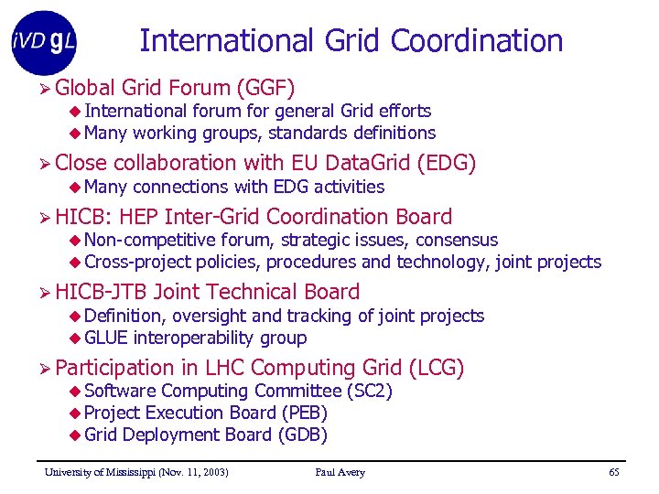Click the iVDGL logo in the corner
[x=43, y=42]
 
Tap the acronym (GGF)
[x=265, y=88]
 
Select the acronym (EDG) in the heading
[x=446, y=163]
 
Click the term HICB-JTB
[x=102, y=292]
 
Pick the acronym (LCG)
[x=437, y=368]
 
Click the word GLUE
[x=105, y=338]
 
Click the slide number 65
[x=614, y=472]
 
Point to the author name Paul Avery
[x=340, y=472]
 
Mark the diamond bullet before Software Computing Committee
[x=75, y=392]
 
